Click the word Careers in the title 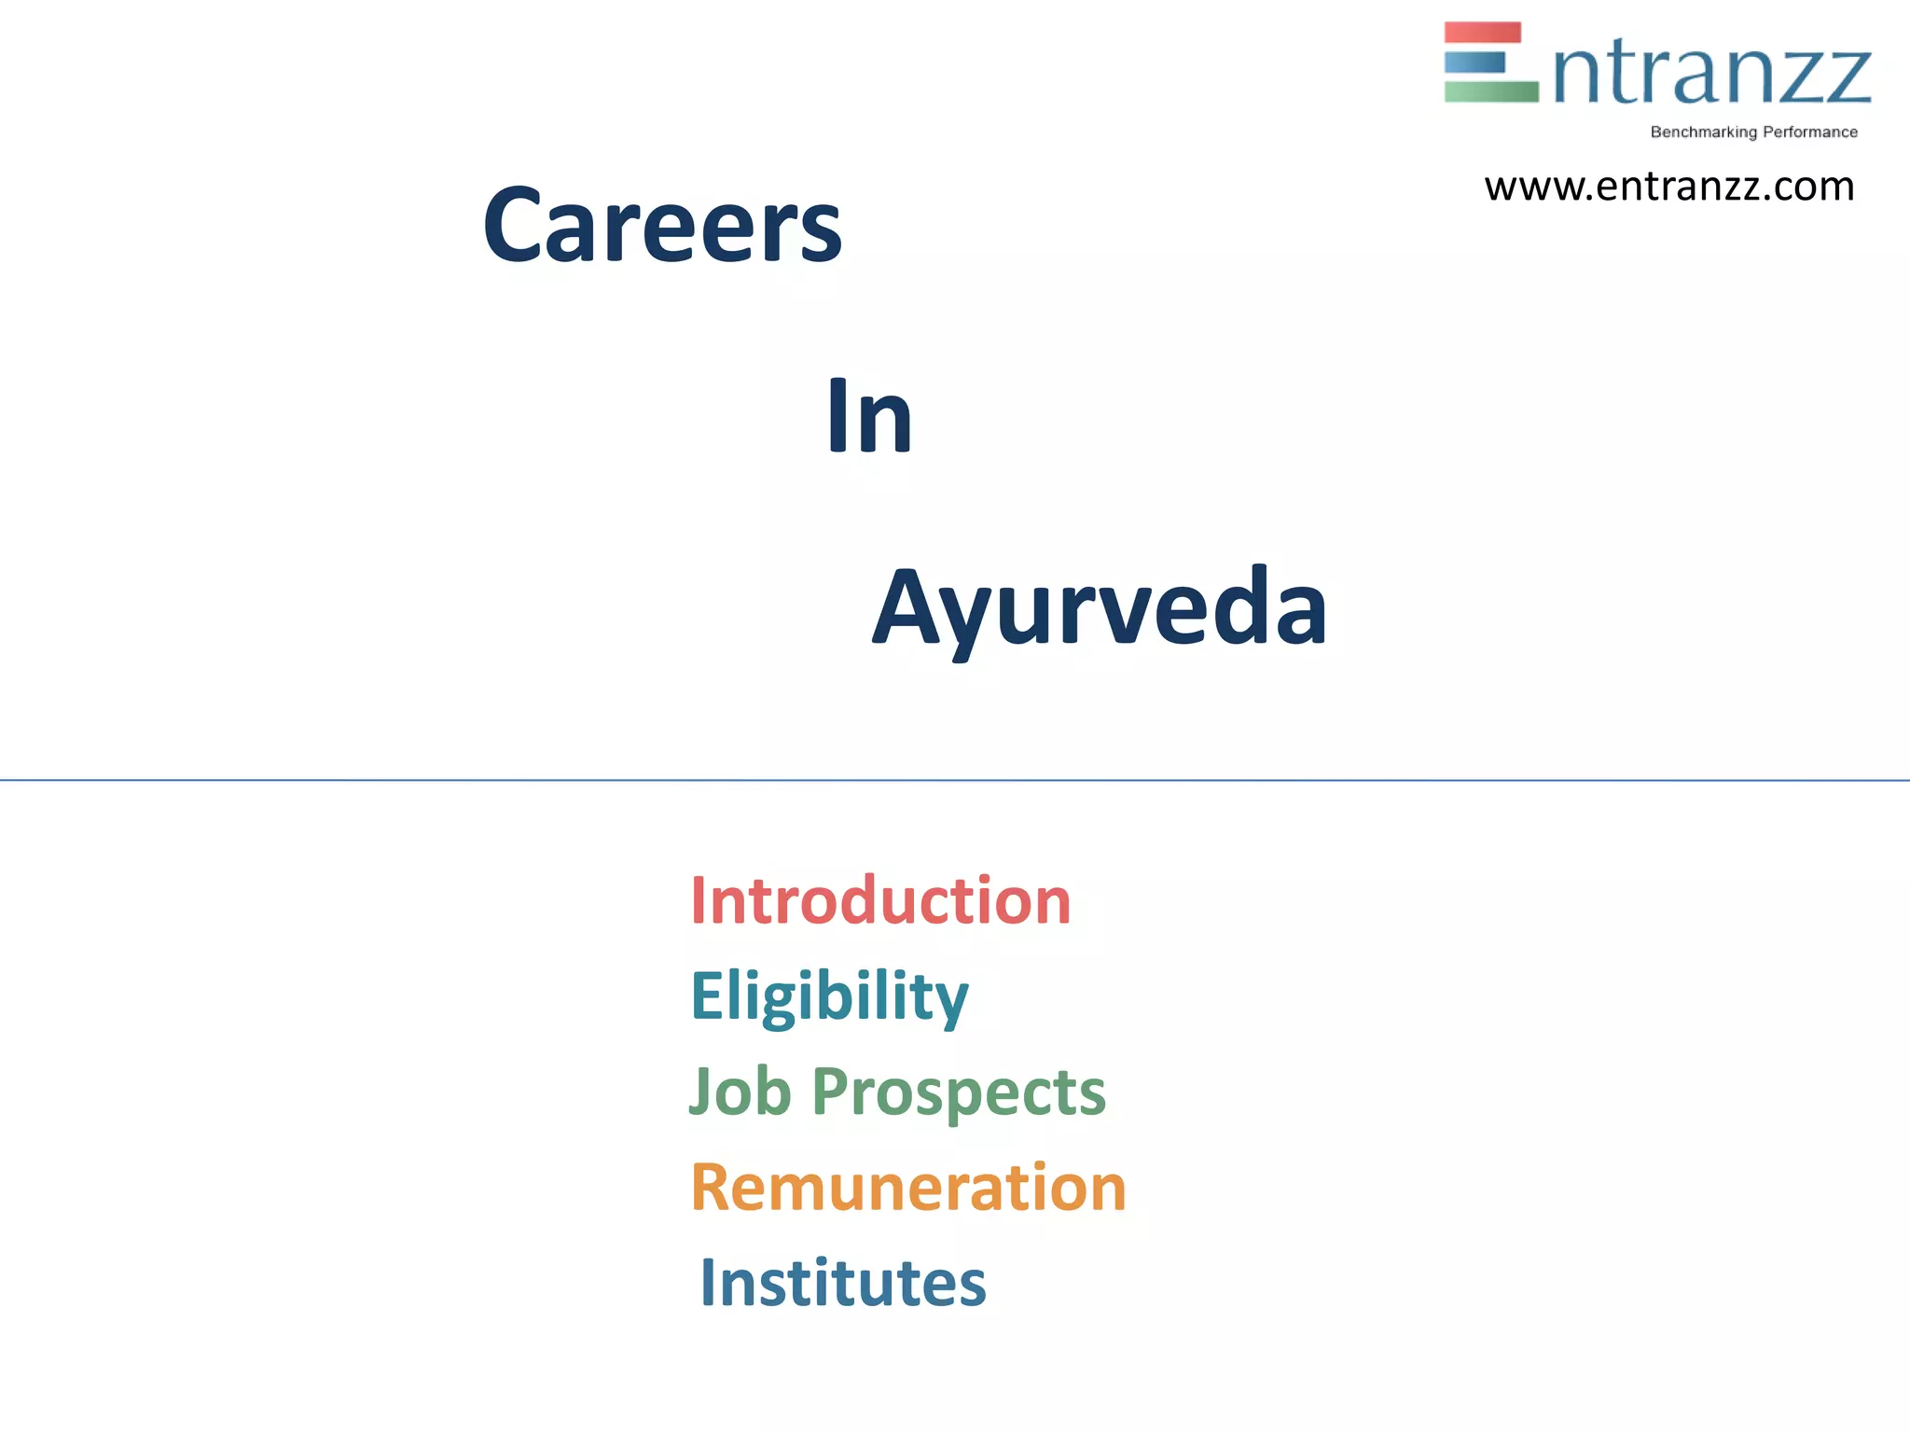click(x=662, y=226)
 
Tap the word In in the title click(x=868, y=418)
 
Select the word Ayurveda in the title click(x=1100, y=609)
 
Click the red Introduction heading click(x=880, y=901)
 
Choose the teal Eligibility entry click(x=829, y=996)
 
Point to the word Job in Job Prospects click(x=740, y=1092)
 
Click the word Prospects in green click(x=959, y=1093)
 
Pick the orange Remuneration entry click(x=908, y=1188)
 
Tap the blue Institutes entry click(x=842, y=1284)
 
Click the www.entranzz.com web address click(x=1668, y=187)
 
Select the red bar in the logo click(x=1482, y=33)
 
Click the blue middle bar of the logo click(x=1474, y=63)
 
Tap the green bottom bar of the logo click(x=1490, y=91)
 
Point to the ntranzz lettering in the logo click(x=1712, y=75)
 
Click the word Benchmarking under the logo click(x=1703, y=132)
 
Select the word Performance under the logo click(x=1809, y=132)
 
